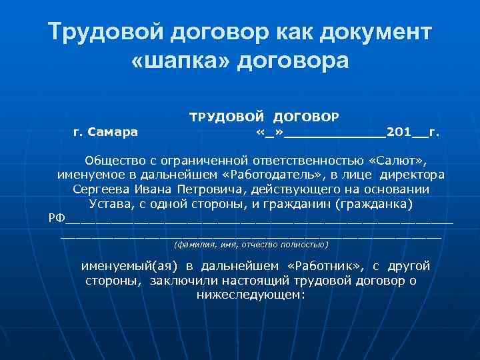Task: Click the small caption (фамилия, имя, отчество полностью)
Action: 251,245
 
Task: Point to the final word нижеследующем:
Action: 251,294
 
